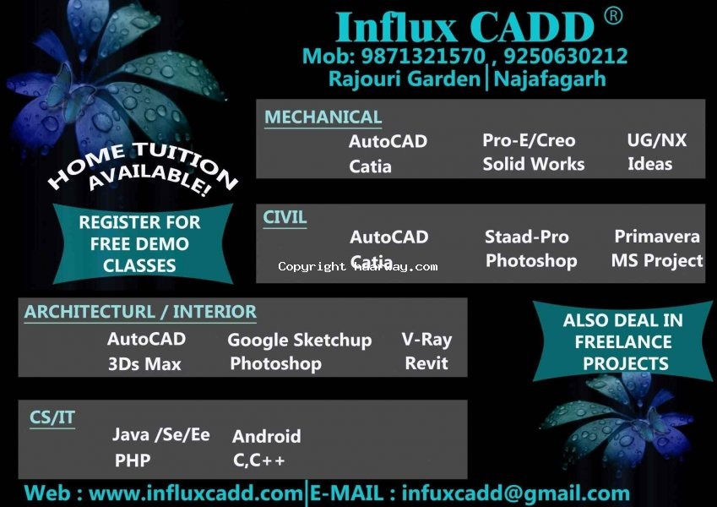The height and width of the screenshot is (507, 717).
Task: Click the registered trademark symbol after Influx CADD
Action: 613,16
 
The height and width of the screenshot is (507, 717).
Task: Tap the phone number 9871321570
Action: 423,57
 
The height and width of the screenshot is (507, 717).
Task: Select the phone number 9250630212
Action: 566,57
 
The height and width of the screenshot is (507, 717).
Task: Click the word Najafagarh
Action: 550,79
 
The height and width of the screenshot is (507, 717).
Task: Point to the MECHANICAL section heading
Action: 323,117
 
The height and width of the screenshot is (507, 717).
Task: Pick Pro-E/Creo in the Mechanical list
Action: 529,140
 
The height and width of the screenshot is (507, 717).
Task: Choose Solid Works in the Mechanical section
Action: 534,164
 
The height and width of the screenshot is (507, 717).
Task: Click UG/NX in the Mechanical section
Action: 657,140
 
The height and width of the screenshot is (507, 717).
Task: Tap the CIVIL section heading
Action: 285,217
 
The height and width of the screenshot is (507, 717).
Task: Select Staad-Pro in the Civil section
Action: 527,237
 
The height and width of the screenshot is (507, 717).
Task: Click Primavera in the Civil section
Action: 657,236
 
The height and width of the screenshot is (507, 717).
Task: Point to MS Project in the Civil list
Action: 657,260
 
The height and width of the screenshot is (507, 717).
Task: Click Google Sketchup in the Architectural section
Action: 300,340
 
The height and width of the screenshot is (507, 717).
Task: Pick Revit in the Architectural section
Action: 426,363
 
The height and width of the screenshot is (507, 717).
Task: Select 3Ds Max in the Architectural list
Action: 144,364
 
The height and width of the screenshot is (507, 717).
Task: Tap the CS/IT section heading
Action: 52,417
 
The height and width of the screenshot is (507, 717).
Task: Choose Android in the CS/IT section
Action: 267,436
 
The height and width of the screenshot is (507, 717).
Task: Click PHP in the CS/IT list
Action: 133,460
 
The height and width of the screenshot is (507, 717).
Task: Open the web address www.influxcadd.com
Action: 195,493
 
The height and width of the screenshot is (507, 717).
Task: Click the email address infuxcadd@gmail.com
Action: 516,493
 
